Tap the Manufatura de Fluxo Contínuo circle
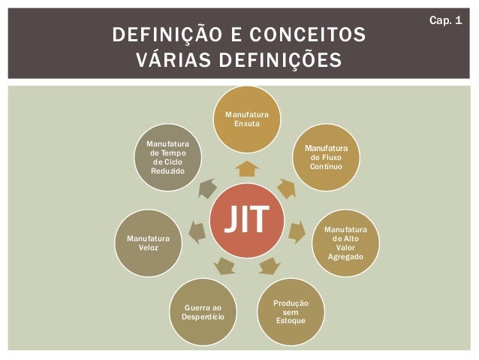326,157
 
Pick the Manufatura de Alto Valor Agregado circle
345,242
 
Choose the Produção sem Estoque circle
291,310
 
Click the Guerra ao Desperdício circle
203,311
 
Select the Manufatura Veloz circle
148,243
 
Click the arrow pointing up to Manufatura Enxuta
247,168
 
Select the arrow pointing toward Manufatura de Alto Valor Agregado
297,229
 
